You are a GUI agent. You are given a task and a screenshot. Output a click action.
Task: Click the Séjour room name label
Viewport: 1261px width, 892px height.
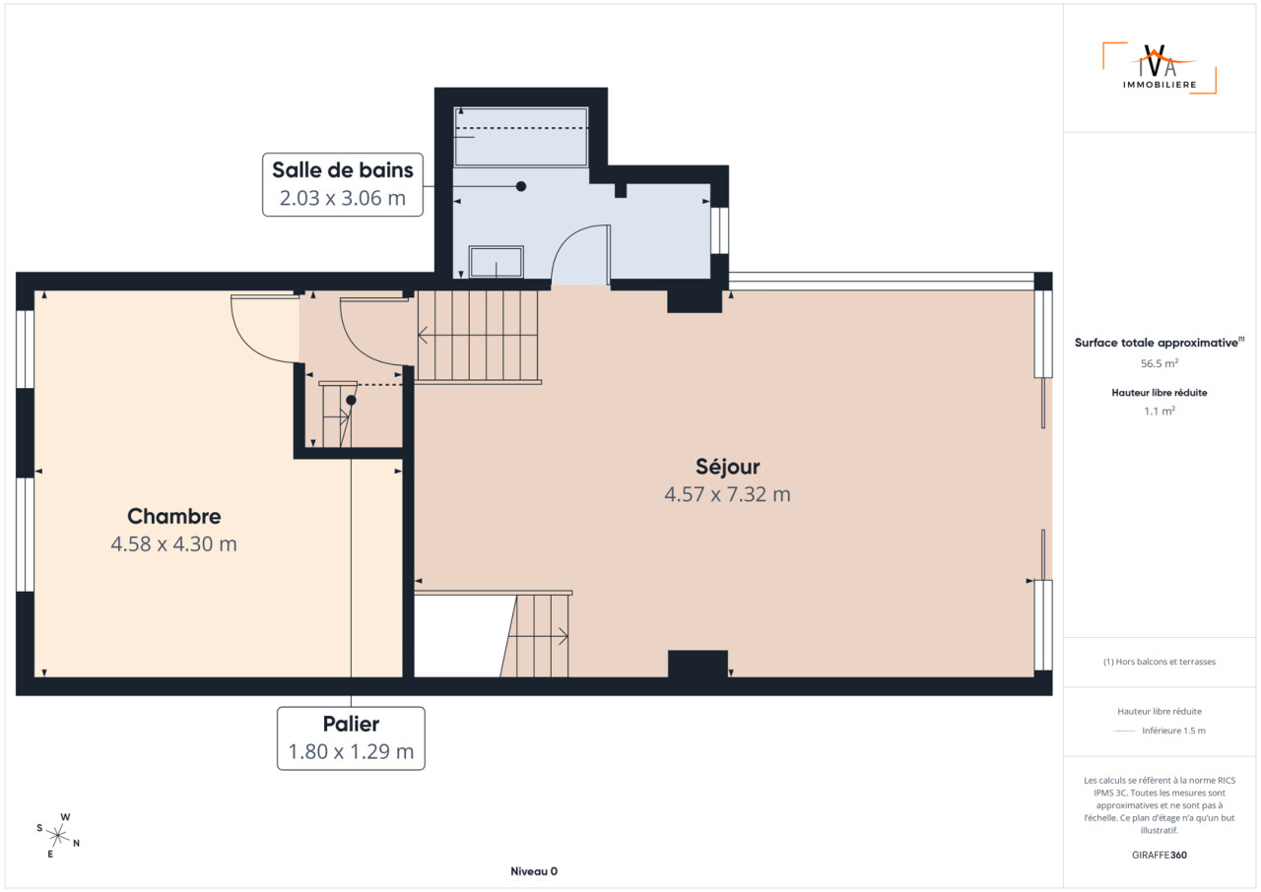(727, 467)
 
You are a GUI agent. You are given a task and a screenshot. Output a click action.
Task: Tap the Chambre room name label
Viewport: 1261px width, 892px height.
(174, 516)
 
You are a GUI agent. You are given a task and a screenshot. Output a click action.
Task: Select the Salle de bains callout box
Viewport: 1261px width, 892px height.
(342, 184)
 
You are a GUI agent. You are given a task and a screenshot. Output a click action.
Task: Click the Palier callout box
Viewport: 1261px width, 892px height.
(351, 737)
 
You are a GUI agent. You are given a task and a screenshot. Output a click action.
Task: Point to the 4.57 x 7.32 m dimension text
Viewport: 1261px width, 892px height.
(727, 494)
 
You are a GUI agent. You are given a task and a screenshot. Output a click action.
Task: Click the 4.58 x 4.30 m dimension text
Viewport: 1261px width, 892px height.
(174, 543)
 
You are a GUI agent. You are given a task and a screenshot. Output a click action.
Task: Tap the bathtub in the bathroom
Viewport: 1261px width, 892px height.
(521, 137)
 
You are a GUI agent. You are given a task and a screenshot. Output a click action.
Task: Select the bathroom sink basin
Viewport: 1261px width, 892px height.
(496, 262)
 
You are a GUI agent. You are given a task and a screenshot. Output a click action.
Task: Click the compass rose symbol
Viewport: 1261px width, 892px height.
(57, 835)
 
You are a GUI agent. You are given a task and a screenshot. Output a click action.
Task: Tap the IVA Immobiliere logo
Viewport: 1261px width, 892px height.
(1160, 68)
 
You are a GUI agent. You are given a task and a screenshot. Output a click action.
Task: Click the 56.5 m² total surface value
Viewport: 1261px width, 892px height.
(1160, 363)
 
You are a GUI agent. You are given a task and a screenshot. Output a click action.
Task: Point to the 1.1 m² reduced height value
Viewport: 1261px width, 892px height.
(1160, 412)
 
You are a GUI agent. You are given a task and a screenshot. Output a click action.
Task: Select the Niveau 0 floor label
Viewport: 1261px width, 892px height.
(534, 871)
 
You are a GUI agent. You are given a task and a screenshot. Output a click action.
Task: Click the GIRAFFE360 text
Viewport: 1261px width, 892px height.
(1160, 855)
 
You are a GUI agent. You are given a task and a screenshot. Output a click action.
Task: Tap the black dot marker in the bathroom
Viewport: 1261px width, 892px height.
(521, 186)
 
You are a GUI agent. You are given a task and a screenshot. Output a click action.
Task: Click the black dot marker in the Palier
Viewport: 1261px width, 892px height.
(351, 400)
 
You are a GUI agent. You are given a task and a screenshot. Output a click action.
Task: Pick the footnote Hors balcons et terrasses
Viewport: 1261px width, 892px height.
(1160, 662)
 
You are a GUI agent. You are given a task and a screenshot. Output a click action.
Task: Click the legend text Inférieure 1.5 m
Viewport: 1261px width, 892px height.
(1173, 731)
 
